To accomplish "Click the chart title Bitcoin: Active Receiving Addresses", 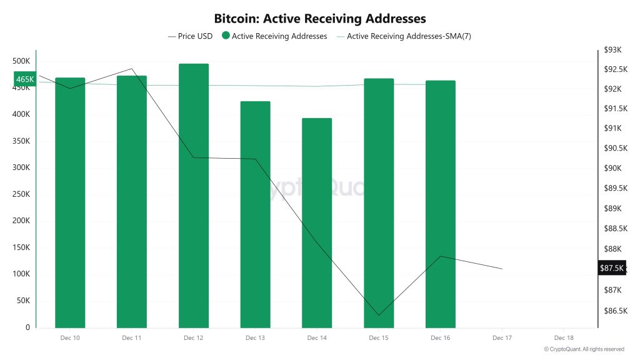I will [x=320, y=19].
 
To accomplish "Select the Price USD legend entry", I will [x=191, y=36].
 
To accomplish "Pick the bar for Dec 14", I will [x=317, y=222].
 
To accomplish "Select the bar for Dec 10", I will [x=70, y=202].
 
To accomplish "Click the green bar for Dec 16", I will [x=441, y=204].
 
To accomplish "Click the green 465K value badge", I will [x=25, y=79].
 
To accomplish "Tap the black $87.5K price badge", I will [x=611, y=268].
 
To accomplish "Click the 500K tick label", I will [x=21, y=61].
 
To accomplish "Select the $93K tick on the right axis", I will [x=613, y=50].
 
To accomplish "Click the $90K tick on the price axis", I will [x=613, y=168].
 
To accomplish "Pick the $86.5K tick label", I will [x=613, y=311].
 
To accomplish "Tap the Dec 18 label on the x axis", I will [x=564, y=337].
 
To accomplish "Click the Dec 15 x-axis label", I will [x=378, y=337].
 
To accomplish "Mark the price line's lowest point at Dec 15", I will [x=378, y=316].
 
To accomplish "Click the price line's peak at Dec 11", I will [x=132, y=69].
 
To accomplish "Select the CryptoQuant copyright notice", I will [x=584, y=349].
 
